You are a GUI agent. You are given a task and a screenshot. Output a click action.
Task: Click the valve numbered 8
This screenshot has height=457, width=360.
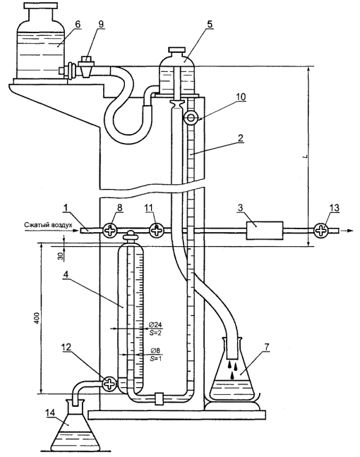(109, 231)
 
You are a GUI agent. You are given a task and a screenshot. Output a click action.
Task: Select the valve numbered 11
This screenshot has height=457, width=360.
(157, 231)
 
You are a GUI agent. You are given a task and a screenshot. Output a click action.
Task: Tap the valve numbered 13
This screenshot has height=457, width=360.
(321, 231)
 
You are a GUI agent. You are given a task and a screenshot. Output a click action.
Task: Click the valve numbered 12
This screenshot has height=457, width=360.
(109, 384)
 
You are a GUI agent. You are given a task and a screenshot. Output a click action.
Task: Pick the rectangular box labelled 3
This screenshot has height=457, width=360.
(265, 231)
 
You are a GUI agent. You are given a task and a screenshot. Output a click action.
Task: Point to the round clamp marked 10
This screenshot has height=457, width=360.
(191, 118)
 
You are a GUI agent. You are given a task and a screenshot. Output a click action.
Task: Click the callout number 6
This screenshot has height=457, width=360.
(78, 24)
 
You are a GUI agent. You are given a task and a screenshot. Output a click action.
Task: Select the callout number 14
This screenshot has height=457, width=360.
(50, 413)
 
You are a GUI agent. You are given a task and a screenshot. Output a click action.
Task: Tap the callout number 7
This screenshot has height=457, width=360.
(267, 347)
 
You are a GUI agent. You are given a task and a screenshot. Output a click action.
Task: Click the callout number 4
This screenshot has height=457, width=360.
(66, 274)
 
